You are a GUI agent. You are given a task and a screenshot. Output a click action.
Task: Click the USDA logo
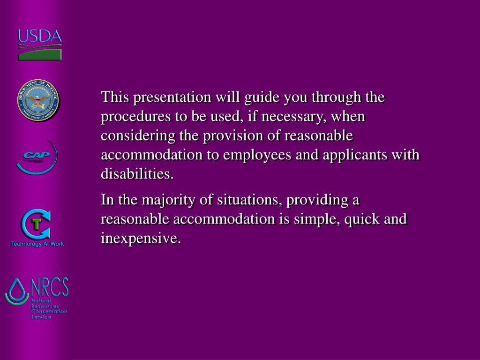[39, 45]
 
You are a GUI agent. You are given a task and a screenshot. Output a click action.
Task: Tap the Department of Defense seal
[39, 101]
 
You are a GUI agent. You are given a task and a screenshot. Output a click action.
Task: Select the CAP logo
[37, 157]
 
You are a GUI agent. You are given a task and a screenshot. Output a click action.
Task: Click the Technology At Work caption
[37, 244]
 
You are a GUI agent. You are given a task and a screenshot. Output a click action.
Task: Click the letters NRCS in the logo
[49, 287]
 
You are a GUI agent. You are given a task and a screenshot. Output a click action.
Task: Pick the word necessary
[290, 117]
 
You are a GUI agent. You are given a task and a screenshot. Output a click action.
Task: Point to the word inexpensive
[141, 238]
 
